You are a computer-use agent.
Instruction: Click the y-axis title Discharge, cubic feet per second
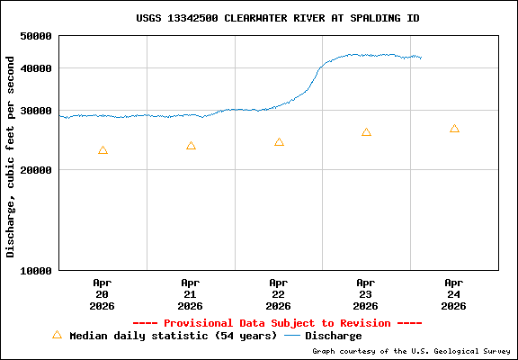point(11,157)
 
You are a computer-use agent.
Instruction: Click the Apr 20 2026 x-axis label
point(103,293)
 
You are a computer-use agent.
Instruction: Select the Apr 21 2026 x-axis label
point(191,293)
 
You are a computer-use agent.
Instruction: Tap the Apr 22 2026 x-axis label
point(279,293)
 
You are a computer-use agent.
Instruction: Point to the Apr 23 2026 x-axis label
point(366,293)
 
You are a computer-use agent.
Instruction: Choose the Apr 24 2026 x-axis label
point(454,293)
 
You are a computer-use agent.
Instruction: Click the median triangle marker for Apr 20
point(103,150)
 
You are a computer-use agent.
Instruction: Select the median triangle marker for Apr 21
point(191,146)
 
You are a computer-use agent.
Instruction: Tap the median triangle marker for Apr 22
point(279,142)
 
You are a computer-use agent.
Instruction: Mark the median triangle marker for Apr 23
point(366,132)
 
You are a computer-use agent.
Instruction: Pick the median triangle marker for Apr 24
point(454,129)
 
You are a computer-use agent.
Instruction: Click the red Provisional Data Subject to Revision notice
point(277,323)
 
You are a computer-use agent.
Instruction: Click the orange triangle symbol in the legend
point(57,335)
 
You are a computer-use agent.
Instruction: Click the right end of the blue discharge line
point(421,58)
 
